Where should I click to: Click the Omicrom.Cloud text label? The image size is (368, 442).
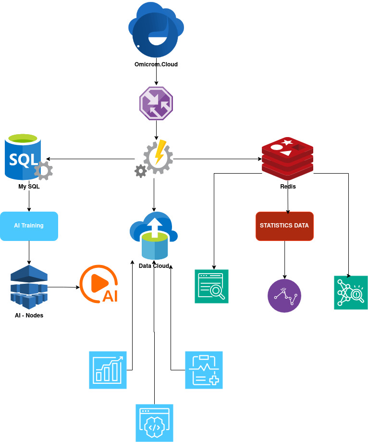tap(156, 64)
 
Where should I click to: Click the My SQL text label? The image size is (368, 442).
tap(29, 187)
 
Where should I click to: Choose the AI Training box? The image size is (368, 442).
tap(29, 226)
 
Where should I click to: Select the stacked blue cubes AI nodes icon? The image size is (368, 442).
tap(29, 287)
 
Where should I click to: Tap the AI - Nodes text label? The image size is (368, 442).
tap(29, 316)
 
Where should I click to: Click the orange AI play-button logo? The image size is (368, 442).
tap(98, 284)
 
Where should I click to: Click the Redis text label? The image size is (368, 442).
tap(288, 187)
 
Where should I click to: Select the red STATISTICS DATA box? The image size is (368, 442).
tap(284, 226)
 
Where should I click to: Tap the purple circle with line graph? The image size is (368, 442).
tap(284, 296)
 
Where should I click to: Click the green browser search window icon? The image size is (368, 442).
tap(211, 286)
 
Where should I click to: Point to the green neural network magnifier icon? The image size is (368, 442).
tap(351, 292)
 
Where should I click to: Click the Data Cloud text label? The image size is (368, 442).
tap(154, 266)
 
